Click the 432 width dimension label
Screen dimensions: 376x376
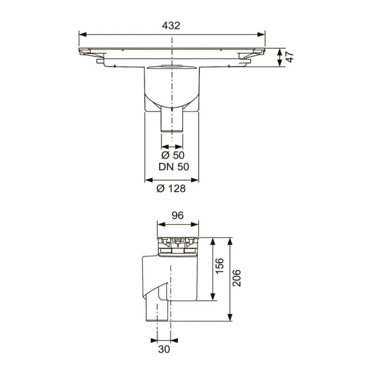(172, 26)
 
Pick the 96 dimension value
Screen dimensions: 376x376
(178, 216)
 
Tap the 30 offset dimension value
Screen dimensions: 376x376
(164, 348)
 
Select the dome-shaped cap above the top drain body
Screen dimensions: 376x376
(172, 66)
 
